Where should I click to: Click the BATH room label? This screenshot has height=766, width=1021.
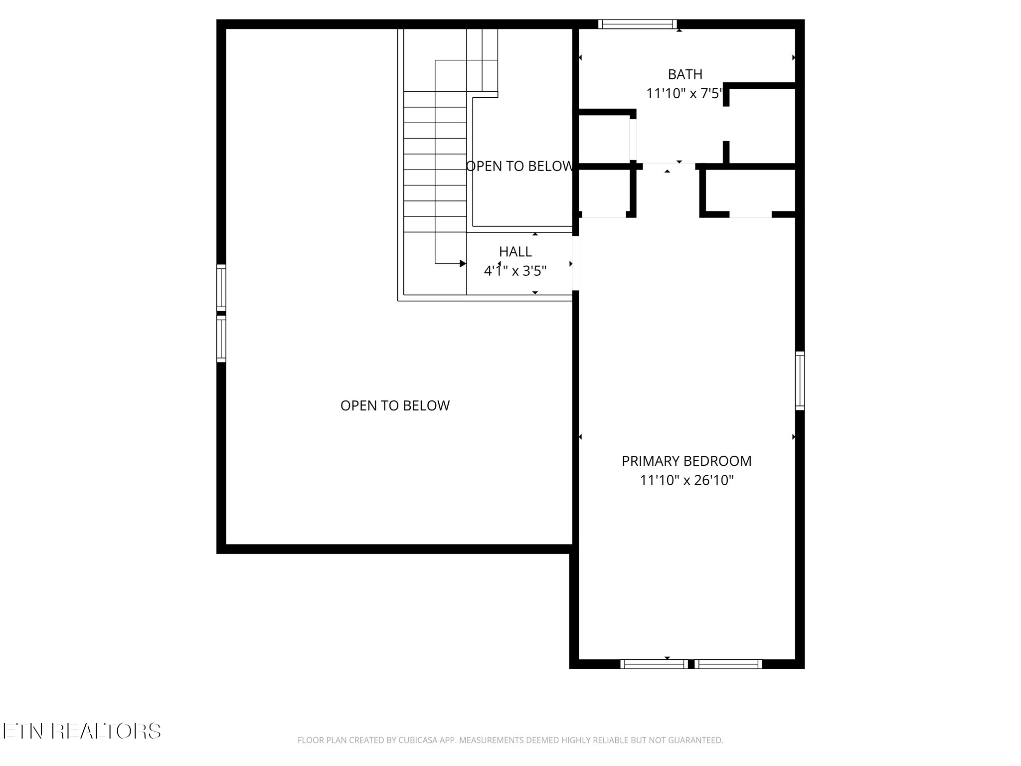pos(685,75)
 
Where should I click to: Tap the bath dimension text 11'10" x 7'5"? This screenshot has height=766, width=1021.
pos(684,94)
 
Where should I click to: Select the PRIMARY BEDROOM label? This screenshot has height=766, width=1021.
pos(686,461)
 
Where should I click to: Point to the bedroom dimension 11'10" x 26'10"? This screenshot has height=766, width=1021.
pos(687,480)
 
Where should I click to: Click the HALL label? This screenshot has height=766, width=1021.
pos(515,252)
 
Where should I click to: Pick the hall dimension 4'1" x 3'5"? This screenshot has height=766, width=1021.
pos(515,271)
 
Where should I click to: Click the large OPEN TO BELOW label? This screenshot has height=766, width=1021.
pos(395,406)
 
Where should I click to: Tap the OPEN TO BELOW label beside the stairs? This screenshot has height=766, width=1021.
pos(519,167)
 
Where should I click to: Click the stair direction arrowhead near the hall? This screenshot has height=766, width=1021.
pos(463,263)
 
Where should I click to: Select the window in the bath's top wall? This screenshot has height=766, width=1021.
pos(638,24)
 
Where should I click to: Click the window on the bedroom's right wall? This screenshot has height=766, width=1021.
pos(800,381)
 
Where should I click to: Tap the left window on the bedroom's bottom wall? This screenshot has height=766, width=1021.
pos(654,664)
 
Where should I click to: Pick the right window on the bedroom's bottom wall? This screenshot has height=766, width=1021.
pos(728,664)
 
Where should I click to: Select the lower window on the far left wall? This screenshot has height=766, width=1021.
pos(221,338)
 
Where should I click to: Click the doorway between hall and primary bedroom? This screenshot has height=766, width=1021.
pos(575,263)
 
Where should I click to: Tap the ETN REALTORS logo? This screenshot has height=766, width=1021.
pos(81,731)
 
